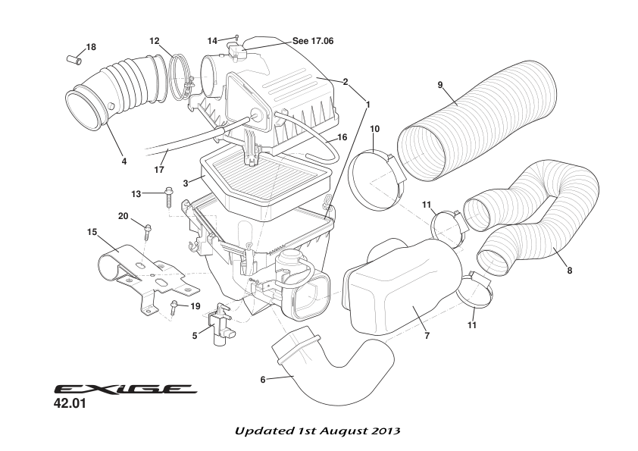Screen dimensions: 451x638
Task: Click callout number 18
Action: [x=91, y=47]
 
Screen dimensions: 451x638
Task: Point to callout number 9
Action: [x=440, y=84]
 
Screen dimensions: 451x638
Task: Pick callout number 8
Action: [x=569, y=271]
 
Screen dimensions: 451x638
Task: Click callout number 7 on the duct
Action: [x=427, y=336]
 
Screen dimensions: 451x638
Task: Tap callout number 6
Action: [x=263, y=379]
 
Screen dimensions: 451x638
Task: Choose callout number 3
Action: [x=185, y=182]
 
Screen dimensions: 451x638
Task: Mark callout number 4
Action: [x=124, y=161]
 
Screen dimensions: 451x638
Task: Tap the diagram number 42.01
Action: [x=71, y=405]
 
